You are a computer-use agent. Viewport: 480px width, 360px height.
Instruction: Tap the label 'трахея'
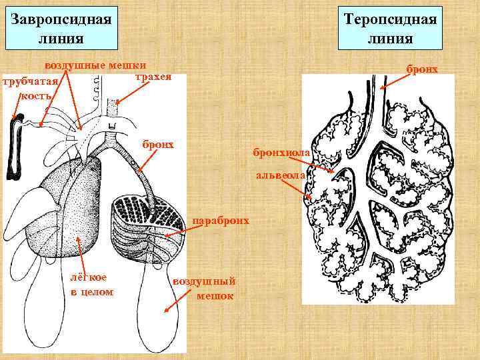click(x=153, y=77)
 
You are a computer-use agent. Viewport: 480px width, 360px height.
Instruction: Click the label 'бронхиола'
click(x=281, y=154)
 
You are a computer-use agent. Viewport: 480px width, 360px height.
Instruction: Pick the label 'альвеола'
click(x=279, y=176)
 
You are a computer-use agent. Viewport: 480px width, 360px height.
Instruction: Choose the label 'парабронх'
click(x=221, y=220)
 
